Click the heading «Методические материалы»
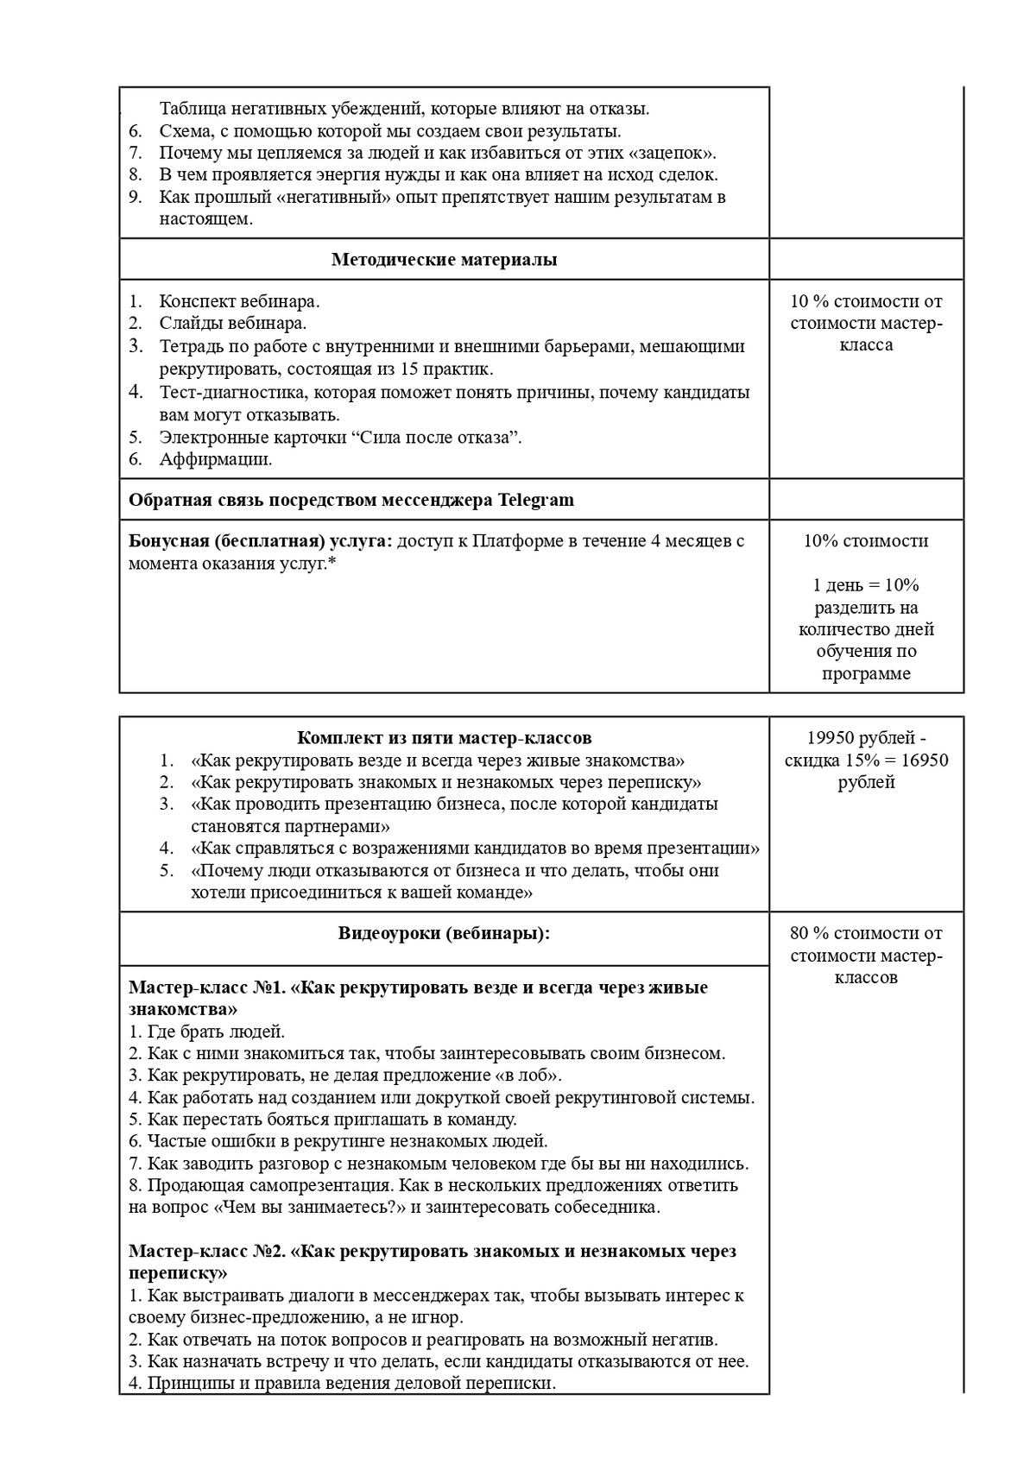click(x=444, y=260)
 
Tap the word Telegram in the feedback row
click(x=535, y=500)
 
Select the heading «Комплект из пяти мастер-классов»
click(x=444, y=738)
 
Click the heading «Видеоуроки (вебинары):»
click(x=444, y=933)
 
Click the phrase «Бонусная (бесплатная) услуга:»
click(x=260, y=541)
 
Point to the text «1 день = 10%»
click(x=866, y=585)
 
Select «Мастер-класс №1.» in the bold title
click(x=208, y=988)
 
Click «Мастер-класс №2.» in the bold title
click(x=208, y=1252)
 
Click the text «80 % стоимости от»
click(x=866, y=933)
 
